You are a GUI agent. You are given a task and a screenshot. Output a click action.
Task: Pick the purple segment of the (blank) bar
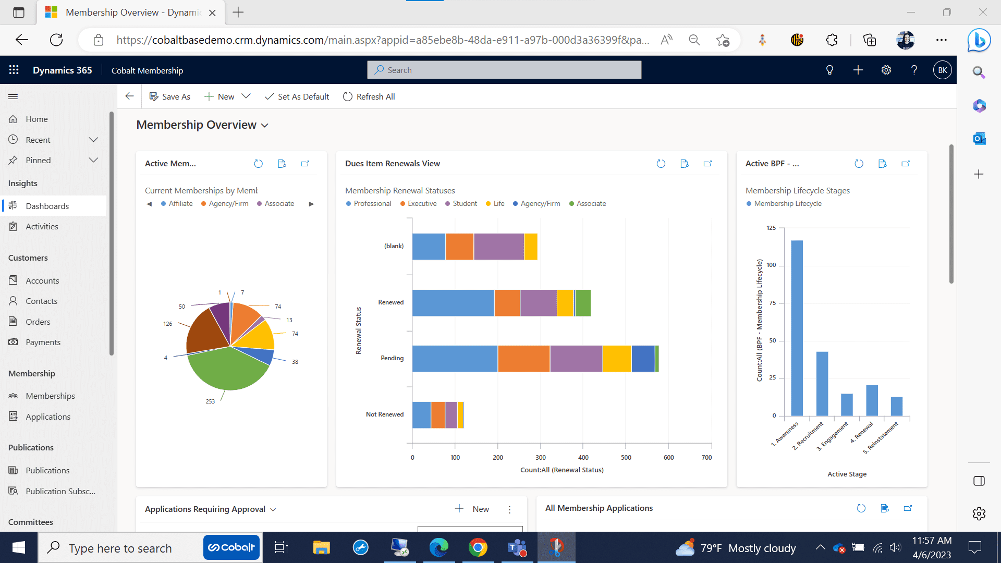click(x=498, y=247)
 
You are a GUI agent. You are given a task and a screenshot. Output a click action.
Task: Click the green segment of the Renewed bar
click(x=583, y=303)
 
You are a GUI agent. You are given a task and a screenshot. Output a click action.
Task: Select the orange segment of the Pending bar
click(x=523, y=359)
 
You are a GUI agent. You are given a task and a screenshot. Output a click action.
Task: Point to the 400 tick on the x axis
click(x=583, y=457)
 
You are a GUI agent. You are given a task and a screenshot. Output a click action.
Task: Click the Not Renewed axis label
click(x=384, y=414)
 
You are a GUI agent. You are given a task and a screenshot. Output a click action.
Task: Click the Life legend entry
click(x=498, y=204)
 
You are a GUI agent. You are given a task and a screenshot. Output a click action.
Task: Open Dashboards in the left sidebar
click(x=47, y=206)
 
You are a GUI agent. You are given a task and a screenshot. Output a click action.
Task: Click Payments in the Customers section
click(x=43, y=342)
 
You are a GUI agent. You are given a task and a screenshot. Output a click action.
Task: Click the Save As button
click(x=170, y=96)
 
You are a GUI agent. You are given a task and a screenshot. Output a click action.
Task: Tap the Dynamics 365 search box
click(x=504, y=70)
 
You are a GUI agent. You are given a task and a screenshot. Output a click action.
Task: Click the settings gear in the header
click(x=886, y=70)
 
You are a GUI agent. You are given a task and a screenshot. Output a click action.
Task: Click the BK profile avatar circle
click(x=942, y=70)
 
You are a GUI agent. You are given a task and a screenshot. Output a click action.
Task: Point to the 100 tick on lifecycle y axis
click(x=771, y=265)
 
